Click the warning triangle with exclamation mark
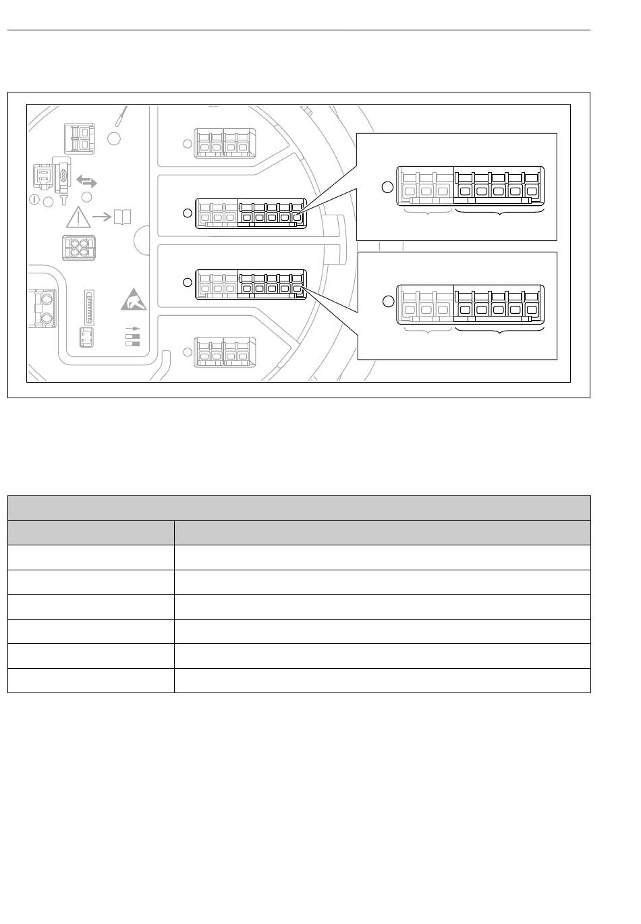(79, 217)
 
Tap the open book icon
(122, 217)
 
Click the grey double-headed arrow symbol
(86, 182)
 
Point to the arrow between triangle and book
(102, 217)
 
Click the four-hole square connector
(78, 248)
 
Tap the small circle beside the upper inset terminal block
(387, 187)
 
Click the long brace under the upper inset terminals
(499, 214)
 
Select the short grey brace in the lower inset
(426, 331)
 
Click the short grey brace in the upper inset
(426, 213)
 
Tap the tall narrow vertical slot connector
(87, 307)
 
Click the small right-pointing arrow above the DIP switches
(132, 328)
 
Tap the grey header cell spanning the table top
(298, 508)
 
